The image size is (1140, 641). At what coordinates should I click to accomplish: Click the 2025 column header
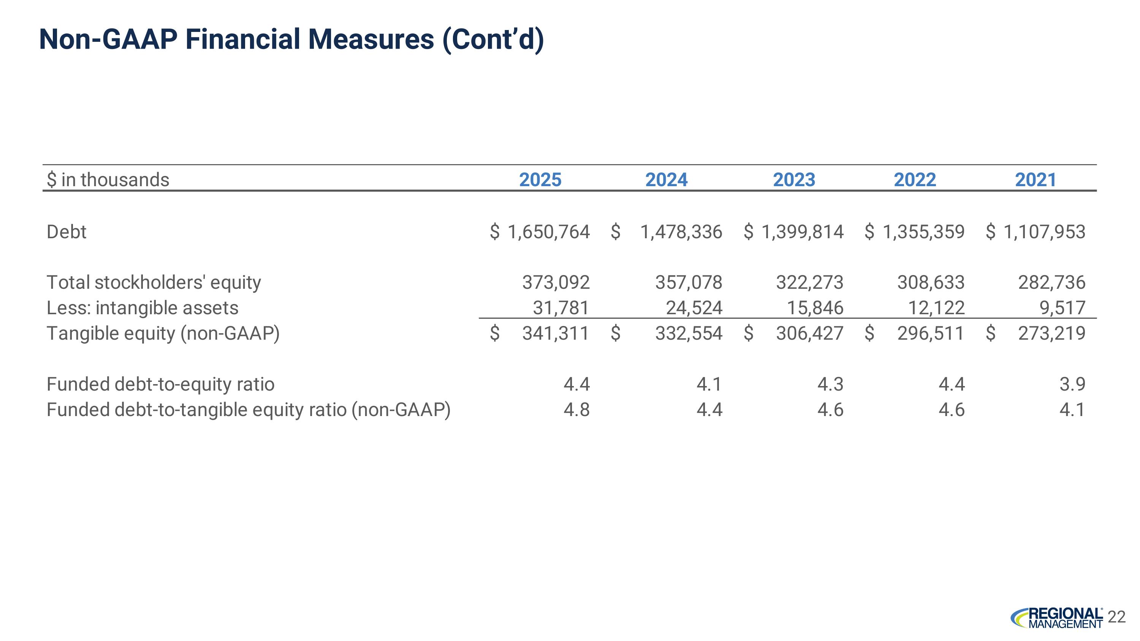(540, 180)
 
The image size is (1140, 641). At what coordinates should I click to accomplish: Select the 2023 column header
(794, 180)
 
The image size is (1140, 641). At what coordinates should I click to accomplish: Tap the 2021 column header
(1035, 180)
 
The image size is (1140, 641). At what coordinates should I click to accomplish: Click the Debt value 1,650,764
(549, 232)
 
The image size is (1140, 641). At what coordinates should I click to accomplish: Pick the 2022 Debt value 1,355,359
(924, 232)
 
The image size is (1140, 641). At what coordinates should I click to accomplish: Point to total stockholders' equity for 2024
(689, 282)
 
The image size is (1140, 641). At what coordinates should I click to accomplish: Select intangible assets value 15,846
(815, 308)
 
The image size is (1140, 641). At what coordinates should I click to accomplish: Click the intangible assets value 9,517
(1062, 308)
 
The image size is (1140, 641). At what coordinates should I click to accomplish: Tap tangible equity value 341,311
(556, 333)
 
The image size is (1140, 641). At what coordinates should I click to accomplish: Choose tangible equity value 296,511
(931, 333)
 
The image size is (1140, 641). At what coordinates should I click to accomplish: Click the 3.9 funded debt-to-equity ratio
(1072, 384)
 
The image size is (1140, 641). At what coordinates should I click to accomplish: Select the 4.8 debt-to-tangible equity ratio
(576, 410)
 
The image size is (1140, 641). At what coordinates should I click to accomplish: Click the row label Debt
(66, 232)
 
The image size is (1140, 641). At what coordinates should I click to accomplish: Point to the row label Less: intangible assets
(142, 308)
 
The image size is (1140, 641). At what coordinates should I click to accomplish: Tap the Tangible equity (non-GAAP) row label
(163, 334)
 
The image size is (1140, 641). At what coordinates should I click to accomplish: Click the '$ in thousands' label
(108, 180)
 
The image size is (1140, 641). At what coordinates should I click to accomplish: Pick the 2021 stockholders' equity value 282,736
(1052, 282)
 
